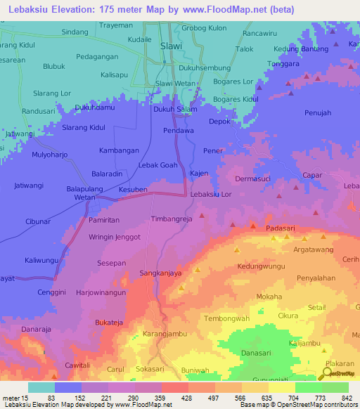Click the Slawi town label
pyautogui.click(x=172, y=46)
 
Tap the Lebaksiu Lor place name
pyautogui.click(x=211, y=194)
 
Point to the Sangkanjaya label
pyautogui.click(x=161, y=271)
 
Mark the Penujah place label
pyautogui.click(x=318, y=112)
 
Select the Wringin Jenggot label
pyautogui.click(x=115, y=238)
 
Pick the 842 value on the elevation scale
pyautogui.click(x=345, y=398)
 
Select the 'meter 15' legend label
pyautogui.click(x=15, y=398)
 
